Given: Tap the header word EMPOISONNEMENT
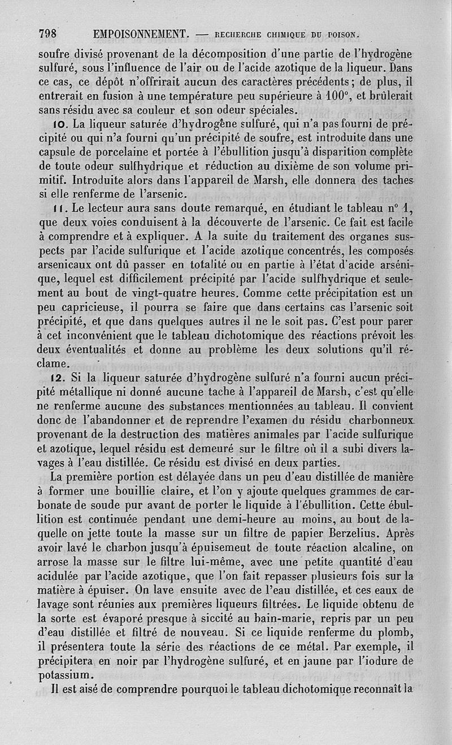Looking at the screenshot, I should tap(141, 34).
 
